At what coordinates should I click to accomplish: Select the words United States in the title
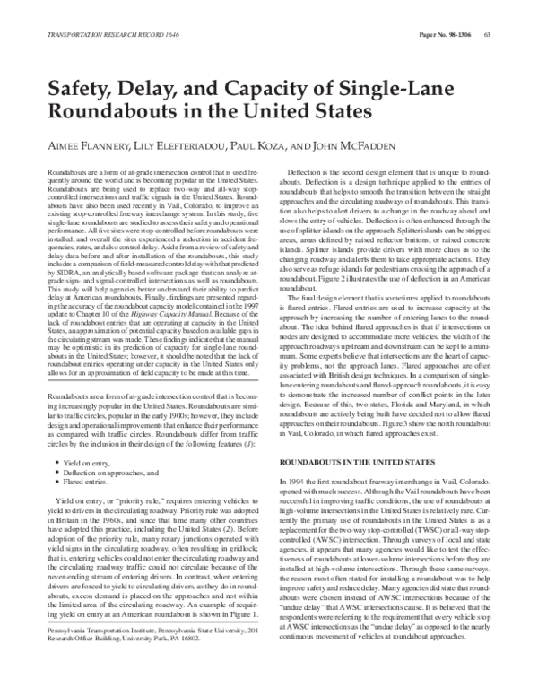(312, 115)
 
